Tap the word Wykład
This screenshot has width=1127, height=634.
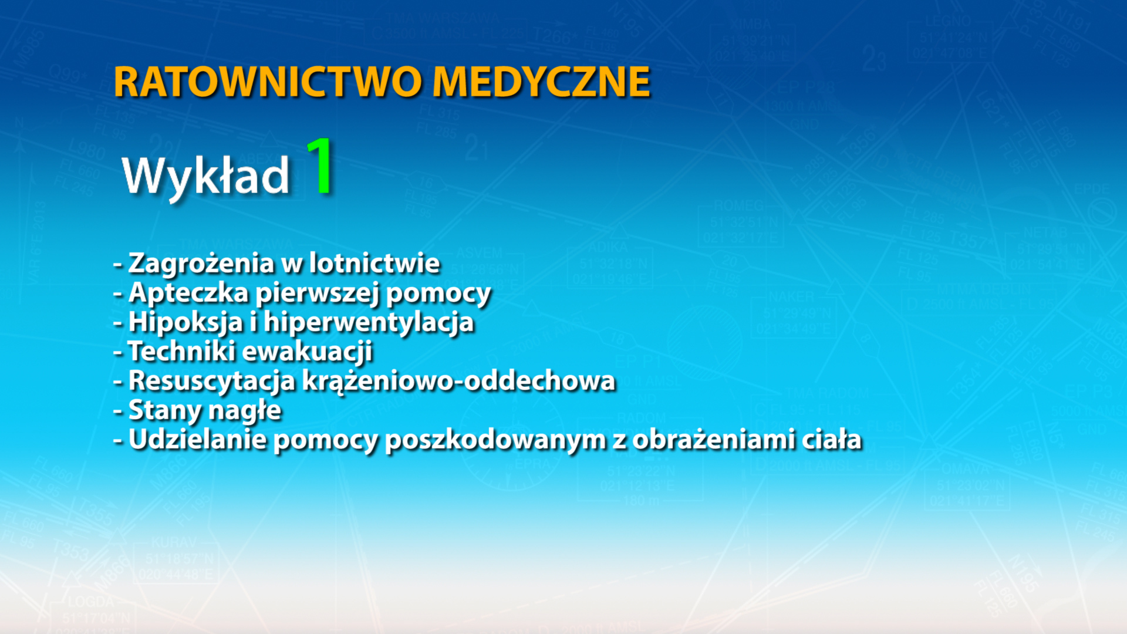tap(205, 176)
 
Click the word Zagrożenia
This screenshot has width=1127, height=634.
tap(201, 263)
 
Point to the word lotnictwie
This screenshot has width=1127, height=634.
tap(374, 263)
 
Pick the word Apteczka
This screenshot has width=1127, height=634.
tap(188, 292)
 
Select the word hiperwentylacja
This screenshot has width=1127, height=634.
tap(369, 322)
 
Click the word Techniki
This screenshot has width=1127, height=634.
tap(181, 351)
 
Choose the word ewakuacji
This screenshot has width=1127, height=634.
tap(308, 351)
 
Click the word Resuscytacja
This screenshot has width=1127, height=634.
tap(211, 380)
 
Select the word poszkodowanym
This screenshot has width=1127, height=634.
tap(495, 439)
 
